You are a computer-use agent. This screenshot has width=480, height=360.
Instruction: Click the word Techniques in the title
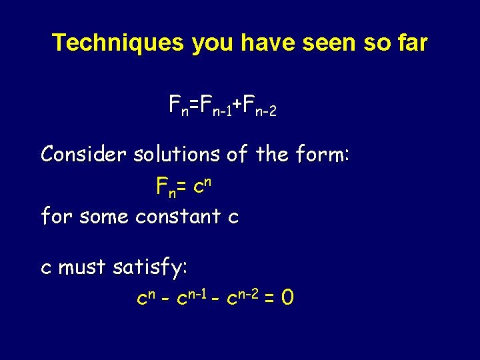pos(117,43)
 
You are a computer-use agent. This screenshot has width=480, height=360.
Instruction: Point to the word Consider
pos(84,155)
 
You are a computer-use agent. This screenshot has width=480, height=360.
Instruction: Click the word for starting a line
pos(55,216)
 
